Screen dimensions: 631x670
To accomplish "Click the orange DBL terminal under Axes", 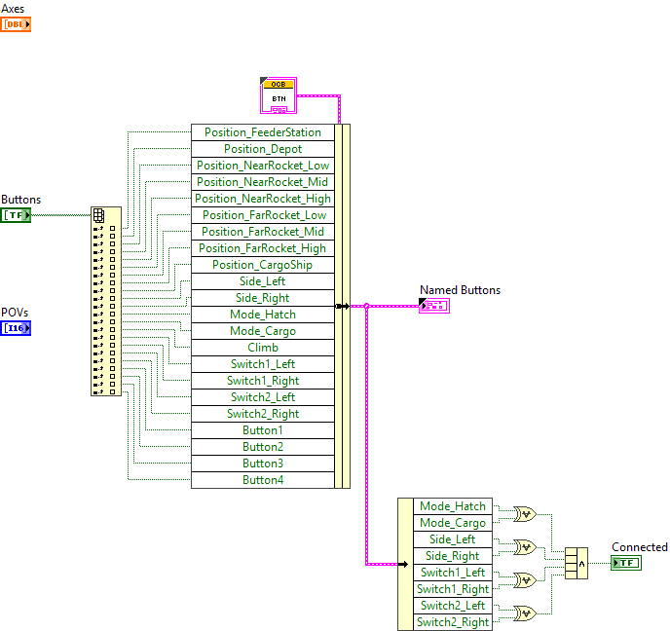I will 16,24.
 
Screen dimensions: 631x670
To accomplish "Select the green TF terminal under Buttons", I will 16,215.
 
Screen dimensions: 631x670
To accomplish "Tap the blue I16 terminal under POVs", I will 16,328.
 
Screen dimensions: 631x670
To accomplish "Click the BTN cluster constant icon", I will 279,94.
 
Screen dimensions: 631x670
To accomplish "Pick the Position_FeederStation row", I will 262,132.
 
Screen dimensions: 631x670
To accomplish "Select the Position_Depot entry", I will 262,149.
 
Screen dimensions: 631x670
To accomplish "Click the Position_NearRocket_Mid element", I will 262,182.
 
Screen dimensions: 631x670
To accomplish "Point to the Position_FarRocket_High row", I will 262,248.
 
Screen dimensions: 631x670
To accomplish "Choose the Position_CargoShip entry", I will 262,265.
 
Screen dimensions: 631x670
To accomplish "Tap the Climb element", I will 262,348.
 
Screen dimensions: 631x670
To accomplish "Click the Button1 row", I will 262,430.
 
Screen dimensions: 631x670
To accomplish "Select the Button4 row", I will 262,480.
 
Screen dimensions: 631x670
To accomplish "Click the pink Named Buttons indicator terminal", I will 433,306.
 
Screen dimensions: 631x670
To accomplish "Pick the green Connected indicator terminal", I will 625,563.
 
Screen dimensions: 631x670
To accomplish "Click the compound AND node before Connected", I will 577,563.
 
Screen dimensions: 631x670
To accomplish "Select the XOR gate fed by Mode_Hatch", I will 525,513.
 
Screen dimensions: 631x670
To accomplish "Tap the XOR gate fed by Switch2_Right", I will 525,613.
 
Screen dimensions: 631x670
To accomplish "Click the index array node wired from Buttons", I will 106,301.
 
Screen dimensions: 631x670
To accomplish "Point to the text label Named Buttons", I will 460,290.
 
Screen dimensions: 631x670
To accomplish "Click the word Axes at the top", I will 14,9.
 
